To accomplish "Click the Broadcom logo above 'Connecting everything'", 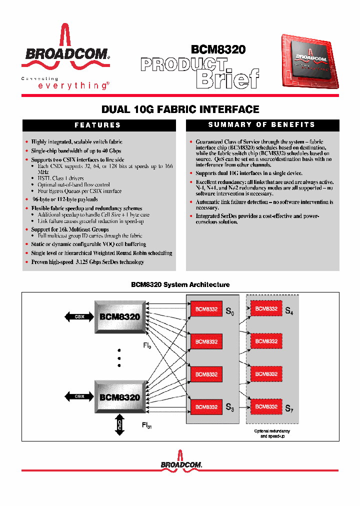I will pyautogui.click(x=64, y=50).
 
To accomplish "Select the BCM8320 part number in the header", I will pyautogui.click(x=218, y=49).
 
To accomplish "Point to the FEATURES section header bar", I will pyautogui.click(x=97, y=125).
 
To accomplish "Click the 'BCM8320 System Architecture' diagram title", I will pyautogui.click(x=180, y=284).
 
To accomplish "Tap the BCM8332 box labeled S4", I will pyautogui.click(x=266, y=308).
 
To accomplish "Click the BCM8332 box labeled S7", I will pyautogui.click(x=266, y=406).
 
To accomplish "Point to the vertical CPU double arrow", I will pyautogui.click(x=119, y=424).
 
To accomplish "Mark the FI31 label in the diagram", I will pyautogui.click(x=147, y=426).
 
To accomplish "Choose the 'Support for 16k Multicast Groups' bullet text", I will pyautogui.click(x=70, y=229).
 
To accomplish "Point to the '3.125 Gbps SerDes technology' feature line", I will pyautogui.click(x=87, y=262).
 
